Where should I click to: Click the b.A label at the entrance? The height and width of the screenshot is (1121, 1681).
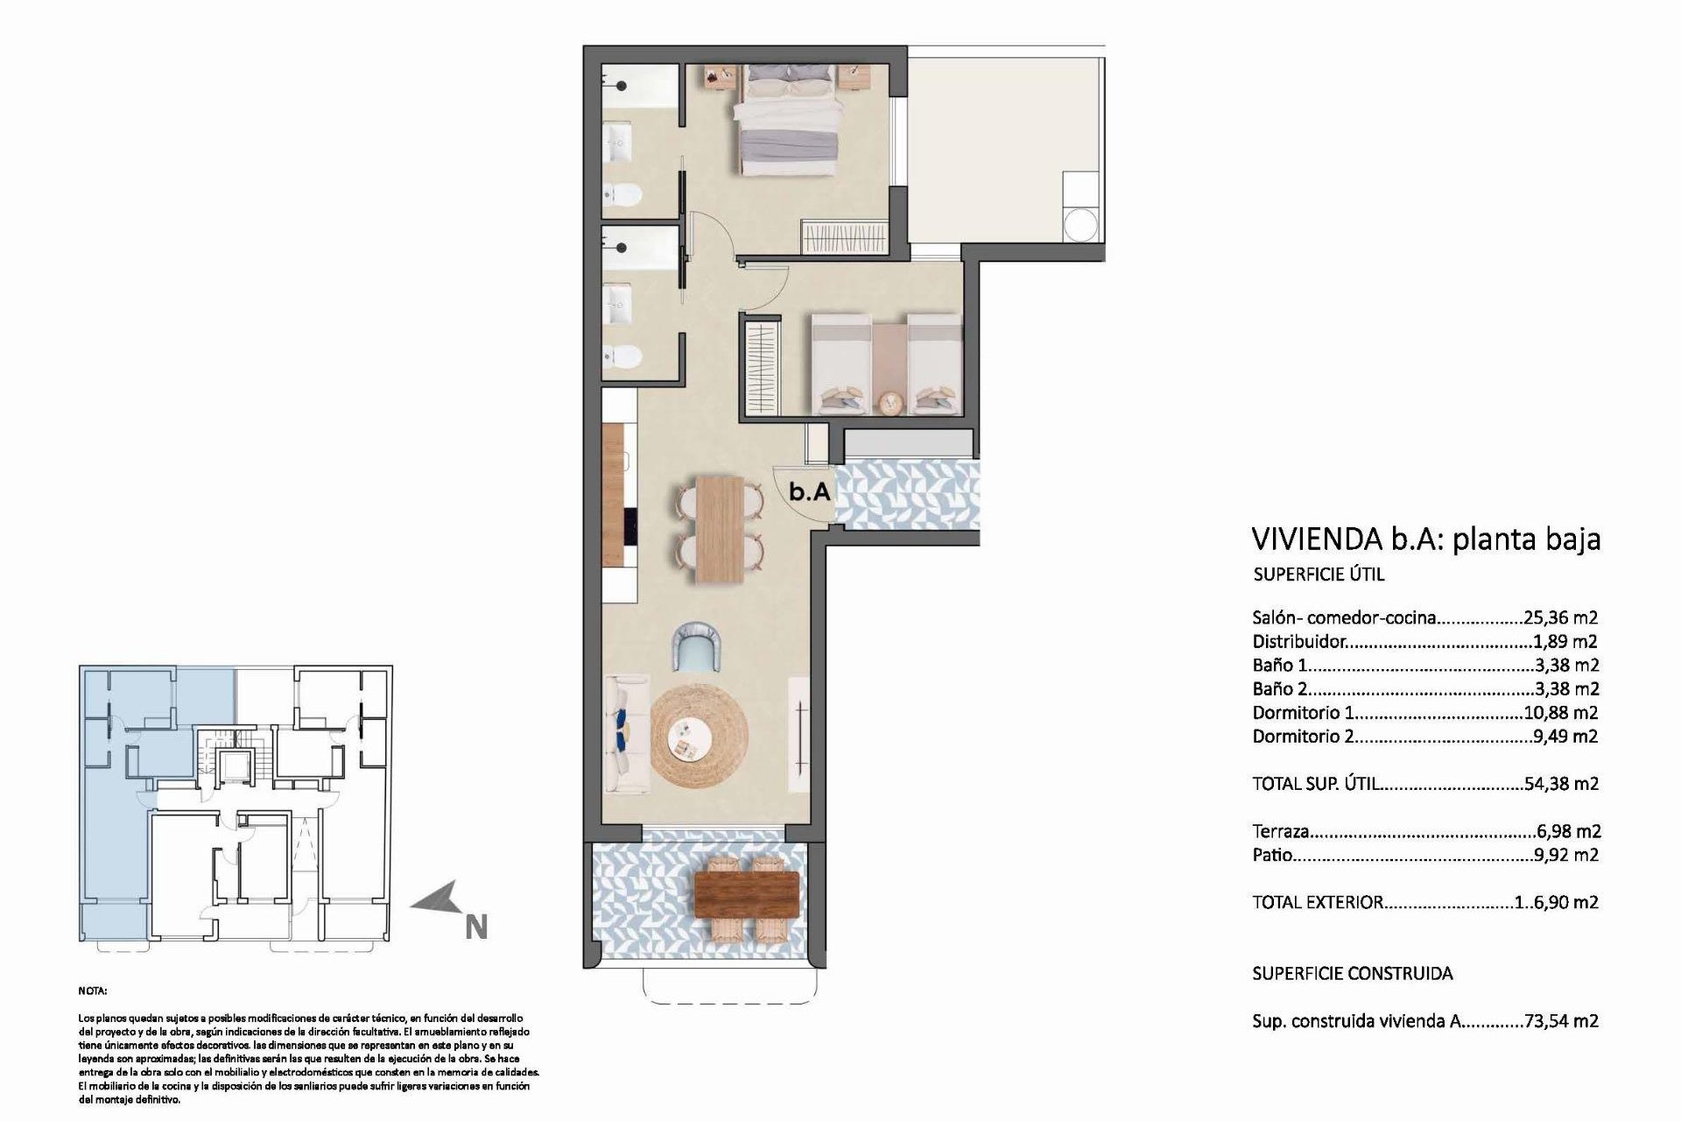click(809, 493)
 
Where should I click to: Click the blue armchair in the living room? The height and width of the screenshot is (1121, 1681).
click(700, 645)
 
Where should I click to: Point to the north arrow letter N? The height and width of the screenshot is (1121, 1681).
click(476, 927)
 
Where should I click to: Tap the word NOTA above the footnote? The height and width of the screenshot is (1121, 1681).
click(92, 991)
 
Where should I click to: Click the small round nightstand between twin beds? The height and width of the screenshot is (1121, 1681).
click(890, 402)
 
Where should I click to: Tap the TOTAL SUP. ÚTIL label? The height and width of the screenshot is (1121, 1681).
click(1317, 784)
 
